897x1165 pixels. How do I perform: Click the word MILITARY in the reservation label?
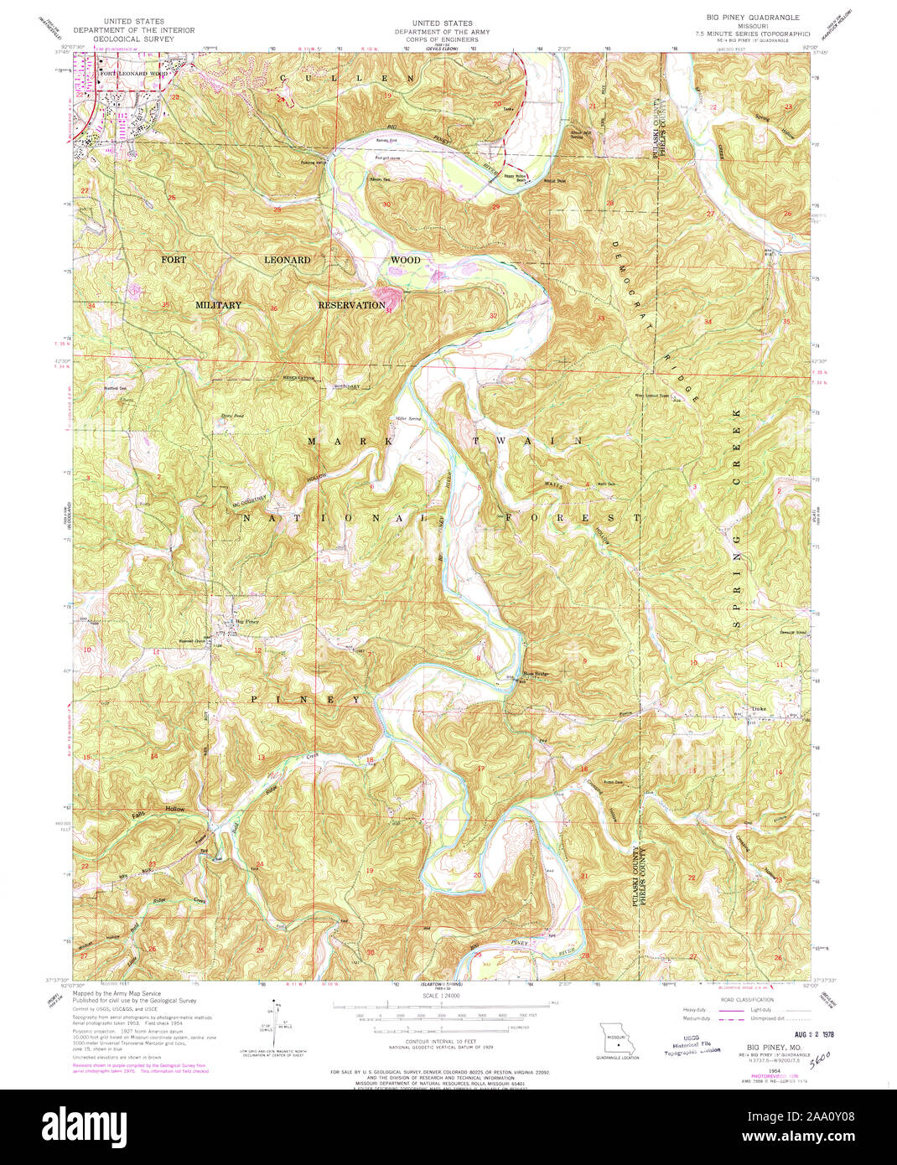coord(218,305)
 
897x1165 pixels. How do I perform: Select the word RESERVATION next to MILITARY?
coord(351,305)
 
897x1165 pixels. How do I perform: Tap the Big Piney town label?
coord(246,621)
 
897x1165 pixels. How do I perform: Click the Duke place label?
coord(758,709)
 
